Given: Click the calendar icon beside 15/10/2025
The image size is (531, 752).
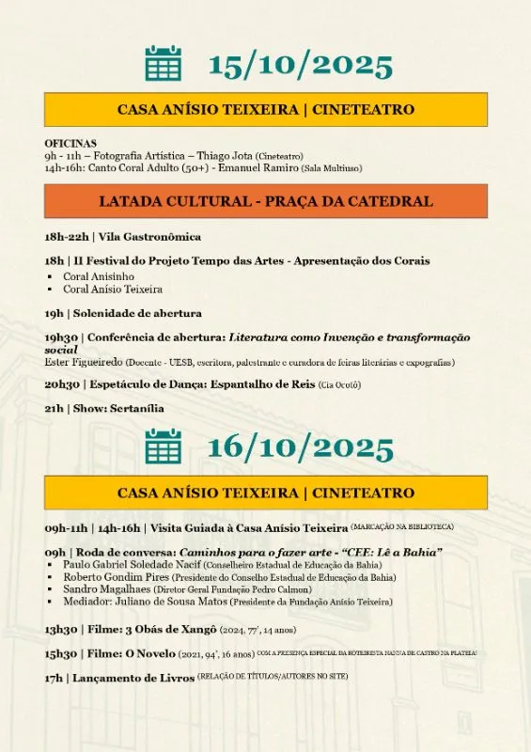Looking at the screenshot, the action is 163,63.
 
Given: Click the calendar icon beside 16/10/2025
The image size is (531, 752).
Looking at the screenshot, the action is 163,446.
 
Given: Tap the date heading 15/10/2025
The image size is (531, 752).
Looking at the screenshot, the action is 300,65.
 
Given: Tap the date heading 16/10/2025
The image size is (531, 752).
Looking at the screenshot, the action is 300,447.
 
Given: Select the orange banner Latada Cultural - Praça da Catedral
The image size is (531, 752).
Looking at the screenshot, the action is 266,201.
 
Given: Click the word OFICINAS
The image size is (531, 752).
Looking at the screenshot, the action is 70,143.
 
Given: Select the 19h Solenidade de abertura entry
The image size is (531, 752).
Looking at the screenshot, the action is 123,313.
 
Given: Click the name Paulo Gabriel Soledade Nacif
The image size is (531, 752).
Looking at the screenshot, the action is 132,565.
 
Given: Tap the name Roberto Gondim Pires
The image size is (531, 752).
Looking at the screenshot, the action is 113,577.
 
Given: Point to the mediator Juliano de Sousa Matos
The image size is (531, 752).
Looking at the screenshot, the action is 166,602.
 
